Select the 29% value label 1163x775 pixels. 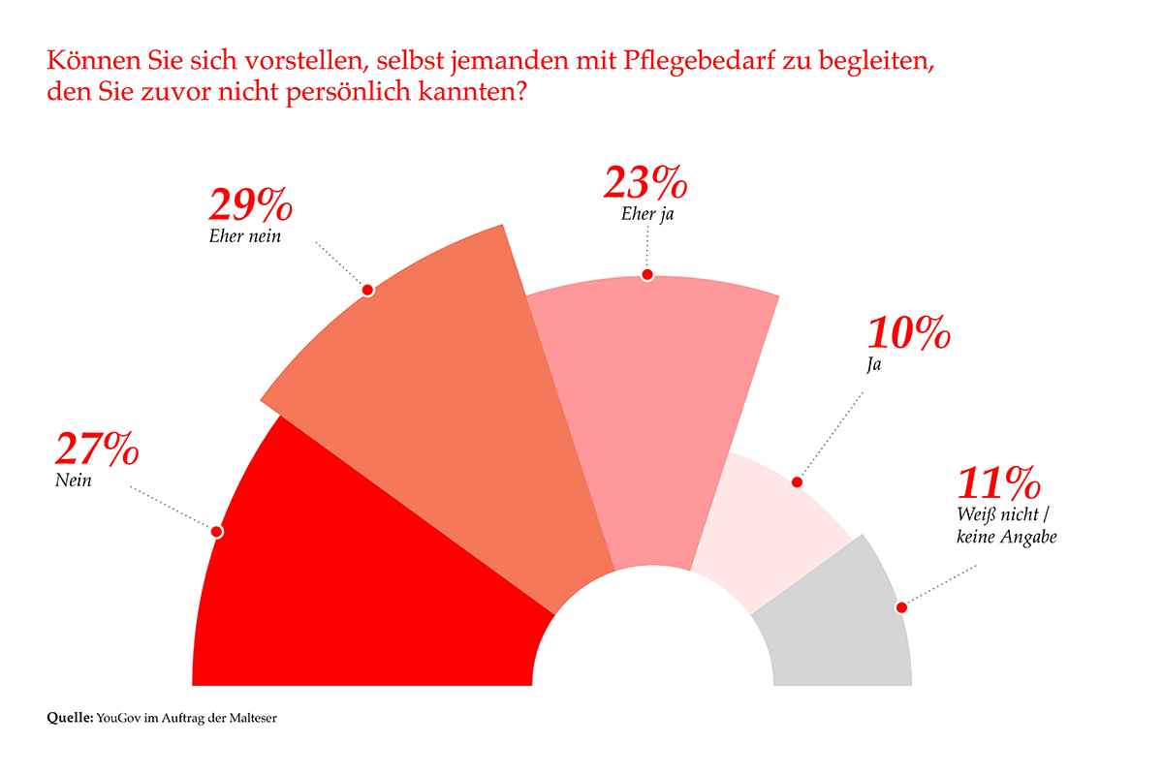point(250,205)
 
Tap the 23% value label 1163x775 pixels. point(645,183)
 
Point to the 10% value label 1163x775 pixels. point(908,334)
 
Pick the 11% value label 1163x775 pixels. point(999,482)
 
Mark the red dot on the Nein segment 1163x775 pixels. point(216,531)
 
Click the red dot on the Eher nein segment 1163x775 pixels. point(366,289)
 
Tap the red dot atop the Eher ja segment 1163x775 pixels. point(647,274)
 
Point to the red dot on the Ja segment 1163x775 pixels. point(798,481)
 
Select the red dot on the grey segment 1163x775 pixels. point(901,607)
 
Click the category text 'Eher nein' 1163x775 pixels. point(245,235)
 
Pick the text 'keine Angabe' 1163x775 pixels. point(1005,536)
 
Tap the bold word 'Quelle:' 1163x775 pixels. point(70,718)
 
